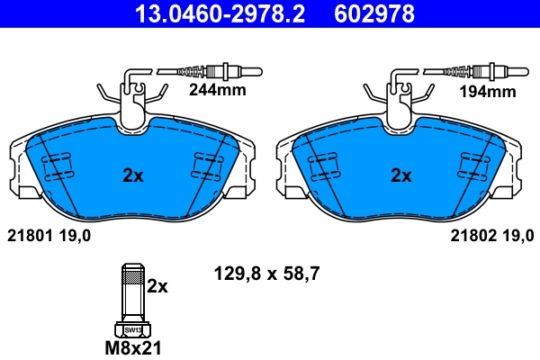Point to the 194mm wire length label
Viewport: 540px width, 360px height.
pos(490,91)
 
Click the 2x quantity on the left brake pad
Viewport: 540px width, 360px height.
pos(132,175)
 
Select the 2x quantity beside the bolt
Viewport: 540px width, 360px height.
pos(157,286)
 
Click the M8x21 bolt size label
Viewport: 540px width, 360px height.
pos(131,347)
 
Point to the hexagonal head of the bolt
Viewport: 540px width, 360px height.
pos(131,328)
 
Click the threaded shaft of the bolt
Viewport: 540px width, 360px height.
pos(131,292)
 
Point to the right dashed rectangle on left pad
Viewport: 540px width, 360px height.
pos(209,166)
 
